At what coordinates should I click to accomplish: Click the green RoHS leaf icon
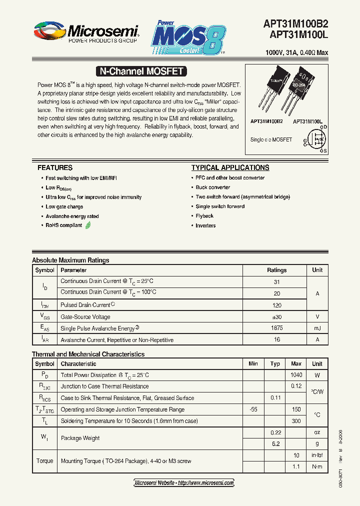click(88, 225)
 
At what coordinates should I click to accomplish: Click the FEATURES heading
click(55, 168)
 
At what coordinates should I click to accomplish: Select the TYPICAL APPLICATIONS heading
click(230, 168)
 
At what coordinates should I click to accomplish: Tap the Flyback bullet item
click(204, 216)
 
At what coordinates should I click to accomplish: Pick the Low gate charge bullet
click(64, 206)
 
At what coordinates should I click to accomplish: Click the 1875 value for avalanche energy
click(276, 328)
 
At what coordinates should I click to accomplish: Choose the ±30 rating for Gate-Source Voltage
click(276, 316)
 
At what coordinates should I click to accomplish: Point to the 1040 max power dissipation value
click(296, 375)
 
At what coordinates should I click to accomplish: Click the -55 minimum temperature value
click(253, 409)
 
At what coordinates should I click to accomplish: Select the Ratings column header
click(276, 270)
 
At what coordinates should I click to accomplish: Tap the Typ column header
click(275, 363)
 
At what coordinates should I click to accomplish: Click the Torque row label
click(44, 461)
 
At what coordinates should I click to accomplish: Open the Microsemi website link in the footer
click(184, 482)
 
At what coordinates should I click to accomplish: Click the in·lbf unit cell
click(317, 455)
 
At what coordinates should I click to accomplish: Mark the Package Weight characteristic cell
click(80, 438)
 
